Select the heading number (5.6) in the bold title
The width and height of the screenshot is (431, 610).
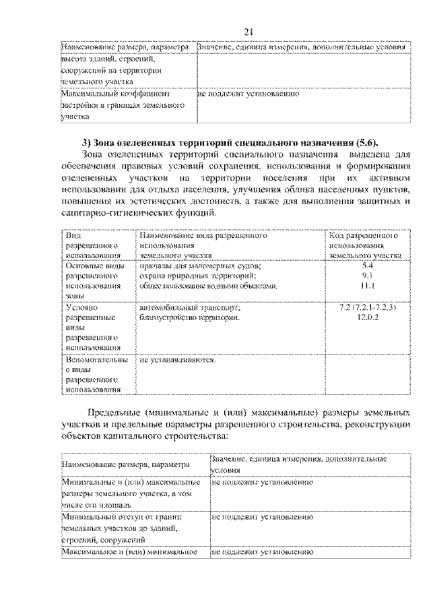365,142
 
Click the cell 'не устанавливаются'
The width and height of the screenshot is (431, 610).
177,361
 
